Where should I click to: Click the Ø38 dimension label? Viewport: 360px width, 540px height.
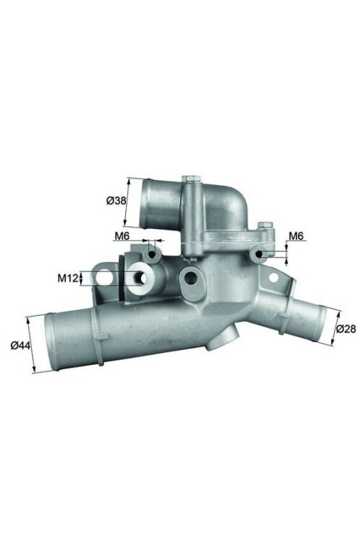tap(114, 201)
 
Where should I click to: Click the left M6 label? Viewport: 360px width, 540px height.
tap(122, 235)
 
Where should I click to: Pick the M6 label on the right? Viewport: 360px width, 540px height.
tap(295, 235)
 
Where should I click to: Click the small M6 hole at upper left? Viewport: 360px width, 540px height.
tap(153, 255)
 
